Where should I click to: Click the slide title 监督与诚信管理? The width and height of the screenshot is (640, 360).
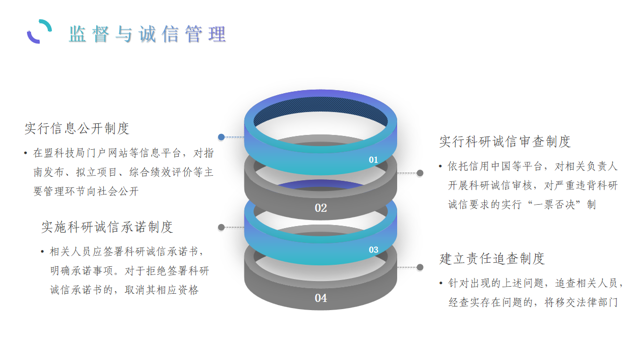coord(147,34)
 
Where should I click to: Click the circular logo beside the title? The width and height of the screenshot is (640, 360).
coord(40,32)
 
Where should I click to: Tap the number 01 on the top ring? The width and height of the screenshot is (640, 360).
coord(374,160)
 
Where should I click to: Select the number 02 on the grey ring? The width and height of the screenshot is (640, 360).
coord(321,208)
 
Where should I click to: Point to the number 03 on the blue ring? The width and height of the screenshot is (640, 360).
coord(374,250)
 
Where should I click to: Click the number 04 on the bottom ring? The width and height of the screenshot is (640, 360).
coord(321,298)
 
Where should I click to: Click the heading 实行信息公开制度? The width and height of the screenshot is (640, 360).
coord(77,128)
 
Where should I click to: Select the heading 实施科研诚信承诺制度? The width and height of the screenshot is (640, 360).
coord(107,227)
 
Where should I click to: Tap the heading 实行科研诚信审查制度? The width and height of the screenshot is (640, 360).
coord(505,142)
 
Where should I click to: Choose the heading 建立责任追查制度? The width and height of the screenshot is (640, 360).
coord(492,259)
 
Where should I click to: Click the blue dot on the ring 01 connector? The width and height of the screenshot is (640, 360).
coord(221,137)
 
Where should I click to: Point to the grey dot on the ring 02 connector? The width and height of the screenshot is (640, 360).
coord(420,173)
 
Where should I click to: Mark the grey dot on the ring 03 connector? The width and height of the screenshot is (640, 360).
coord(221,227)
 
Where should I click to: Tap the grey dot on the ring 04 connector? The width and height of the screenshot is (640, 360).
coord(420,267)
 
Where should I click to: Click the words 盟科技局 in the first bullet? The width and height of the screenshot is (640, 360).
coord(67,153)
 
